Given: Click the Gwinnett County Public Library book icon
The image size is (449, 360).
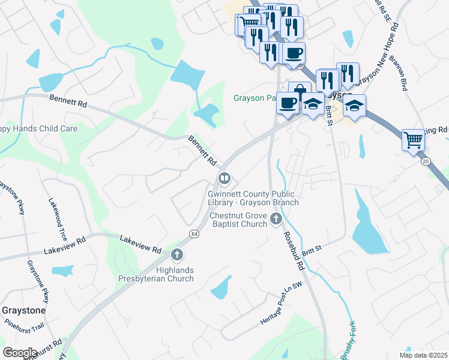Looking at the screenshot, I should tap(224, 178).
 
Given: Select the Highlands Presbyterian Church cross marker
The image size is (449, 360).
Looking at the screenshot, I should tap(176, 255).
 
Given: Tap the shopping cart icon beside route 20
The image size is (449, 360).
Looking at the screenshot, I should tap(413, 140).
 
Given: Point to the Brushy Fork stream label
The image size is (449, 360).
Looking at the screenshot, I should tap(349, 340).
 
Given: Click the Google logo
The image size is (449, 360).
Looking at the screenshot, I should tap(20, 352).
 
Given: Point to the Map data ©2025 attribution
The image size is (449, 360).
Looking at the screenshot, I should tap(423, 355).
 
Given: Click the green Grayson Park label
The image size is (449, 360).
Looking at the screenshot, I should tap(255, 98).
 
